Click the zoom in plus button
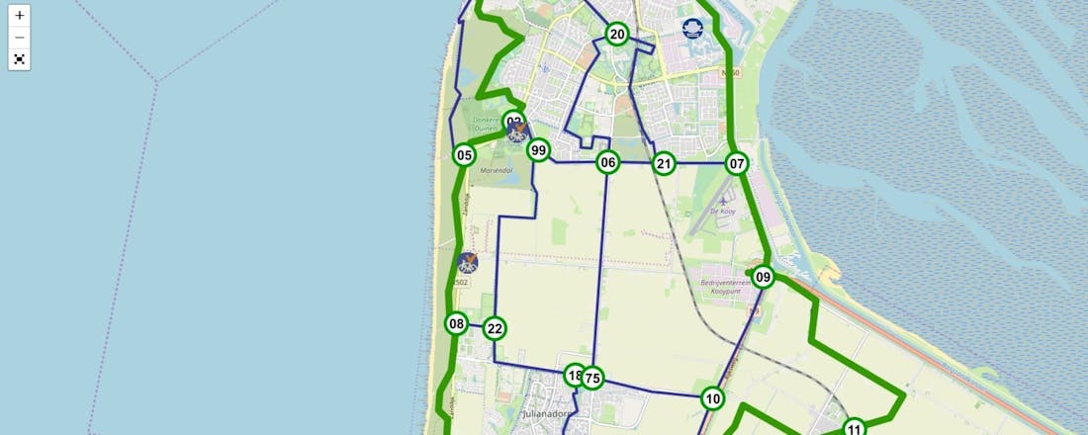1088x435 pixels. (20, 16)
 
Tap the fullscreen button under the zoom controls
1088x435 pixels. (20, 59)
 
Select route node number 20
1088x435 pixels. (617, 35)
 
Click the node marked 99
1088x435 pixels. (538, 150)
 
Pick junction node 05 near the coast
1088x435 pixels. (464, 155)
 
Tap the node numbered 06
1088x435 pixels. (608, 163)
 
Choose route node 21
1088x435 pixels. (664, 163)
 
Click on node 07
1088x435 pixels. (736, 163)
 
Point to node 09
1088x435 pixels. (763, 277)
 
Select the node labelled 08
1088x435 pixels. (456, 323)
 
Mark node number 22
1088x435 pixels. (496, 329)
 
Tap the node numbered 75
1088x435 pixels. (592, 378)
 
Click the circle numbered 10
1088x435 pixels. (713, 398)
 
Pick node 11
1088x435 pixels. (855, 428)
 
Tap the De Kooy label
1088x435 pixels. (726, 211)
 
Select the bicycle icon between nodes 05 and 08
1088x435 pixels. (468, 263)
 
